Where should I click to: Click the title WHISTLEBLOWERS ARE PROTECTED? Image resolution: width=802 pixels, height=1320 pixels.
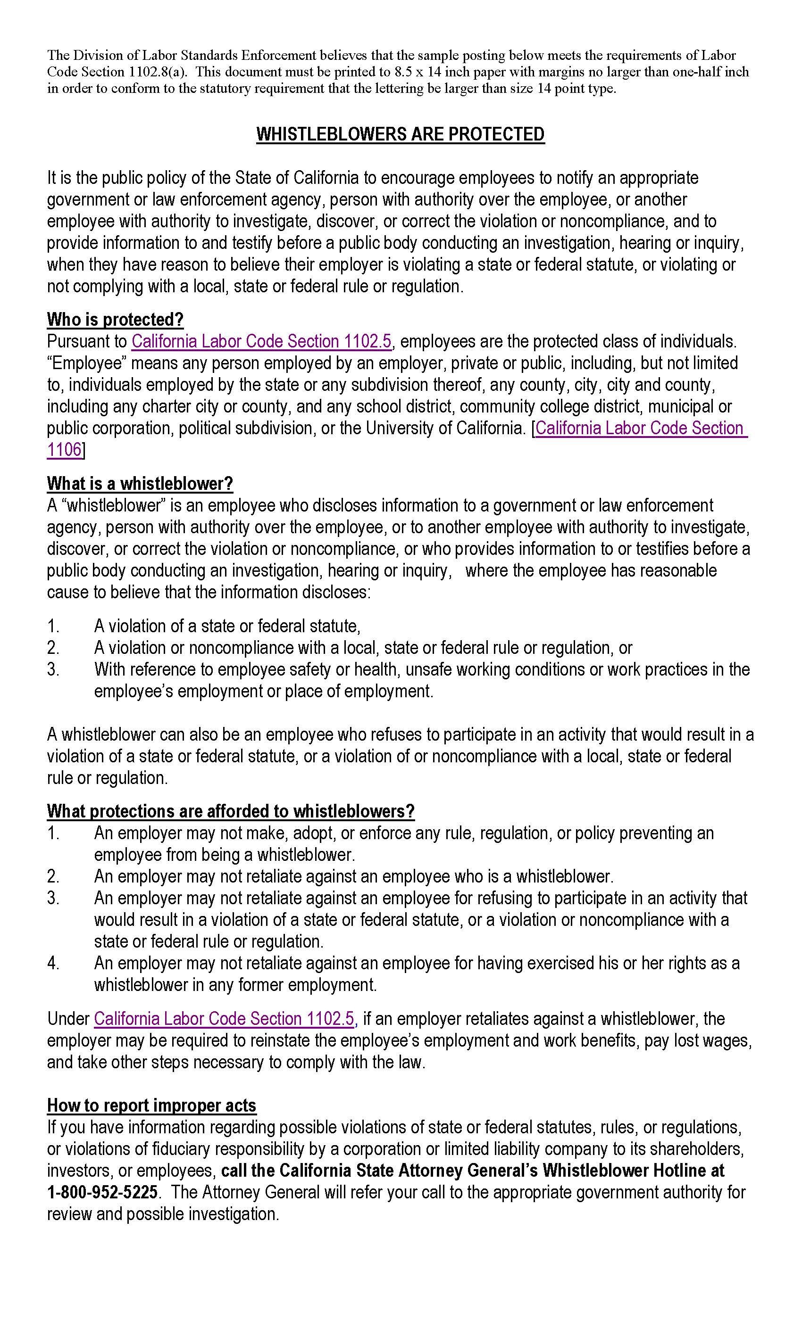400,134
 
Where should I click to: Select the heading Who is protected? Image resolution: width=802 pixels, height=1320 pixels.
115,319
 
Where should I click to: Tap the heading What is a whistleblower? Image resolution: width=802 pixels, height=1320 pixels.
140,483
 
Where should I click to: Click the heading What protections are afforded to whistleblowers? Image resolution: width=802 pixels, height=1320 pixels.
231,811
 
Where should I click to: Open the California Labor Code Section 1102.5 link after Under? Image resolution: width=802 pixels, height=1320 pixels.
224,1018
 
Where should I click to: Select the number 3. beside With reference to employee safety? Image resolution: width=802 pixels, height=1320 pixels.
53,669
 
